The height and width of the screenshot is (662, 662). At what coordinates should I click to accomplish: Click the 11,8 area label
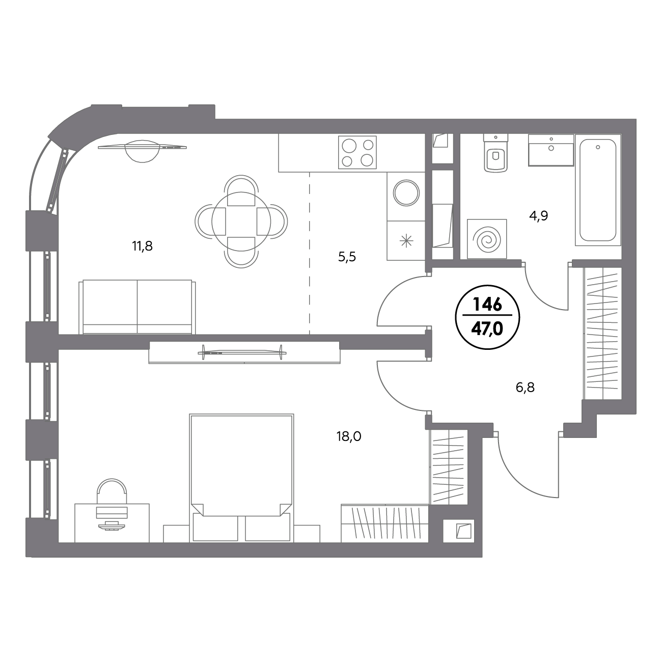point(142,246)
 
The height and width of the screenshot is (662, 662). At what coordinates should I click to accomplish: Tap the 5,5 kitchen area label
point(347,257)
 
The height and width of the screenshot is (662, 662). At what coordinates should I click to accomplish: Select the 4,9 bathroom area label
point(539,216)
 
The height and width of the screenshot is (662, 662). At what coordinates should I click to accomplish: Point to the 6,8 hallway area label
point(525,388)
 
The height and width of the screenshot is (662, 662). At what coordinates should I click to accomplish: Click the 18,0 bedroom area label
point(349,436)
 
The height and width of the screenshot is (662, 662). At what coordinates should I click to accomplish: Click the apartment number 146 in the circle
point(487,305)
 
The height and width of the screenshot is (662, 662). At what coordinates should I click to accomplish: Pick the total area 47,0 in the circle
point(487,329)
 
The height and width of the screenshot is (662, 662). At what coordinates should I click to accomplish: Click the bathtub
point(598,190)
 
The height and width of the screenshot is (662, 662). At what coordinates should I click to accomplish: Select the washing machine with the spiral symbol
point(487,239)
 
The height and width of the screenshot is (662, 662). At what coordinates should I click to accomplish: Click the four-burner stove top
point(357,153)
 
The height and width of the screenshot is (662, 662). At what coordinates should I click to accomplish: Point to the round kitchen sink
point(406,193)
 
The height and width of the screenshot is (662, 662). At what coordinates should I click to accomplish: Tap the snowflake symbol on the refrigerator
point(406,240)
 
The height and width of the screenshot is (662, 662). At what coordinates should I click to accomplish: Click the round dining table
point(241,222)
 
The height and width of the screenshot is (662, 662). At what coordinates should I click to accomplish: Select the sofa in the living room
point(137,307)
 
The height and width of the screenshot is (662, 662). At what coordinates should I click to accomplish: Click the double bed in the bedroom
point(241,478)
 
